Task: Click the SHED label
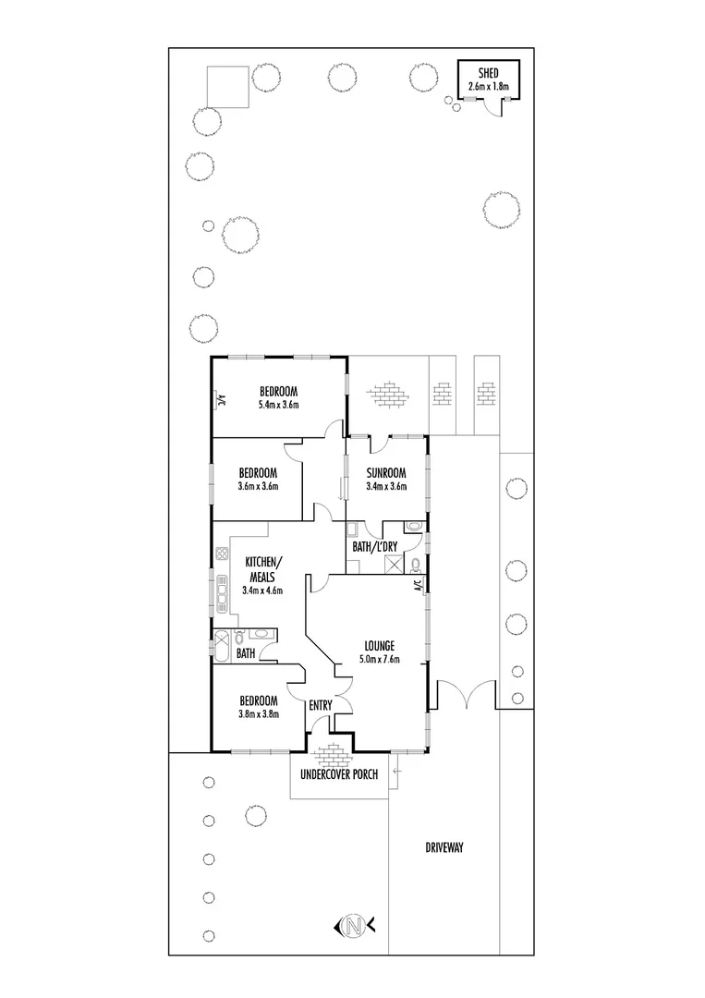click(x=489, y=74)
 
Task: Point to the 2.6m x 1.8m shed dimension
click(x=489, y=87)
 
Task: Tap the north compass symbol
click(x=352, y=924)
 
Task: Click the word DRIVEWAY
click(x=444, y=846)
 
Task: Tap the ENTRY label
click(x=321, y=706)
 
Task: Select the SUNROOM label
click(x=385, y=473)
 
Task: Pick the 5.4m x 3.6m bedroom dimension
click(x=278, y=404)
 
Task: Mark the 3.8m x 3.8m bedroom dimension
click(x=259, y=713)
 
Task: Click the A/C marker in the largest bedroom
click(x=221, y=400)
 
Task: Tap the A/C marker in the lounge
click(x=418, y=585)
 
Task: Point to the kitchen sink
click(x=223, y=592)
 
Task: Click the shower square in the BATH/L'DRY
click(x=393, y=563)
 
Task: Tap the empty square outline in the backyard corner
click(x=226, y=87)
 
